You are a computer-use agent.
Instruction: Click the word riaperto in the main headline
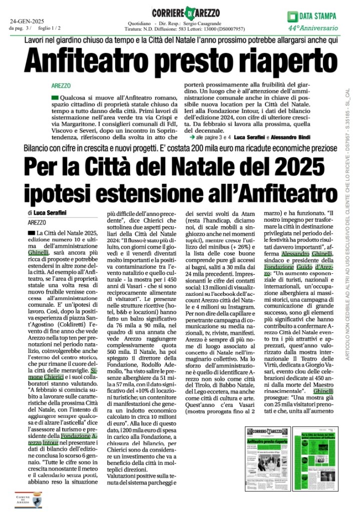(x=263, y=62)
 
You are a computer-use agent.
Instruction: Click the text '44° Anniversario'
(x=316, y=27)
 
